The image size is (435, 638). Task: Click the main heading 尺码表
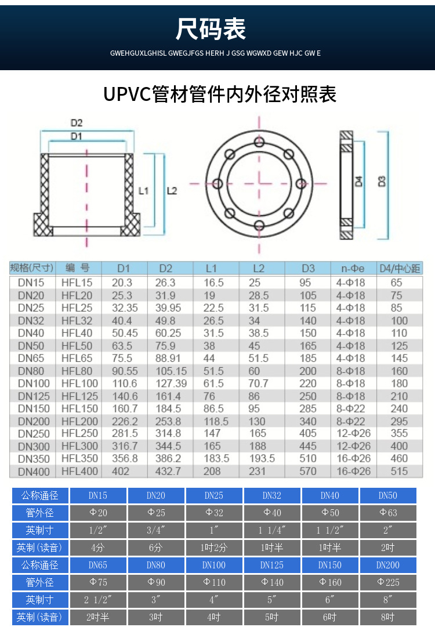coord(211,29)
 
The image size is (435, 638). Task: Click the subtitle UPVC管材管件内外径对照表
coord(220,94)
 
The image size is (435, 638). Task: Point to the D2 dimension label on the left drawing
coord(77,123)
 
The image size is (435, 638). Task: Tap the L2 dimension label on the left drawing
coord(172,190)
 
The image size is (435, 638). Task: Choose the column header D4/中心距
coord(400,268)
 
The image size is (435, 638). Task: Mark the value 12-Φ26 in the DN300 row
coord(353,446)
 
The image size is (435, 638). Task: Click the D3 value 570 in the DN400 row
coord(308,472)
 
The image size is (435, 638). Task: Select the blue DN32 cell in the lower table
coord(271,495)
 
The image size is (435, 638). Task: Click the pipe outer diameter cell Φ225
coord(388,582)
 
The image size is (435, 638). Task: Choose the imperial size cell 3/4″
coord(155,530)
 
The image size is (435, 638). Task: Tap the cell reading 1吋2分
coord(213,548)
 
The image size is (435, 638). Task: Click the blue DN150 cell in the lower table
coord(329,565)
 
